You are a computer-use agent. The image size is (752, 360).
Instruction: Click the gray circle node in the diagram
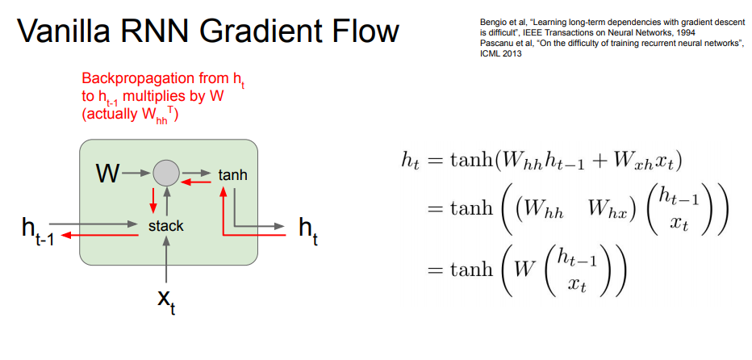pos(165,172)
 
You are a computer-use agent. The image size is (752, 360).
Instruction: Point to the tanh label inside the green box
pos(232,174)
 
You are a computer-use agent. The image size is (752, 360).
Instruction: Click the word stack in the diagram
pos(165,226)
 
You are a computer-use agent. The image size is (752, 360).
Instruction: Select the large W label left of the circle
pos(107,172)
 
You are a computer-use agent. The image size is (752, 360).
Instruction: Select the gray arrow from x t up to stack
pos(165,258)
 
